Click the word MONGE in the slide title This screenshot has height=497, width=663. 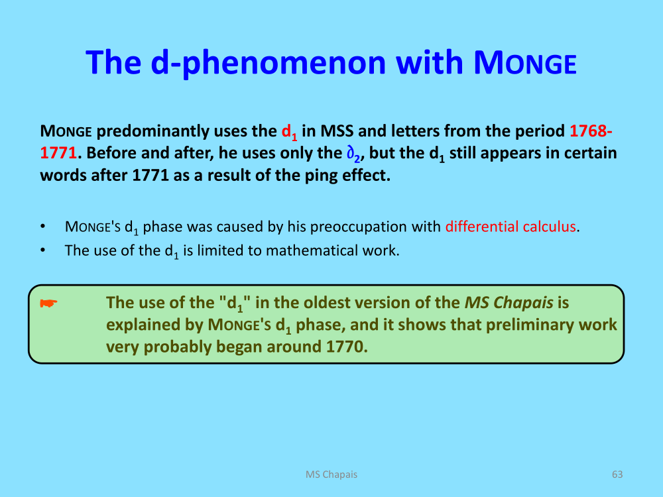524,62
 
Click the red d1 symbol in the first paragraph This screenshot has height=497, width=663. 290,132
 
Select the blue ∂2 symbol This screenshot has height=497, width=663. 353,154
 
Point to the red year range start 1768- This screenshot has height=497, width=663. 591,131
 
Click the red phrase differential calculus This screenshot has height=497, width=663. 511,227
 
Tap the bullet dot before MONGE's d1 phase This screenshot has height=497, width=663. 42,227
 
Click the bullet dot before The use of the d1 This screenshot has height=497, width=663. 42,250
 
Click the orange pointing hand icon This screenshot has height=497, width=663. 48,303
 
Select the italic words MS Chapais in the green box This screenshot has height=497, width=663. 509,303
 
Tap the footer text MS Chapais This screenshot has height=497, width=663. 331,474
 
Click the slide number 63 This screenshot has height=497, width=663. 617,474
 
